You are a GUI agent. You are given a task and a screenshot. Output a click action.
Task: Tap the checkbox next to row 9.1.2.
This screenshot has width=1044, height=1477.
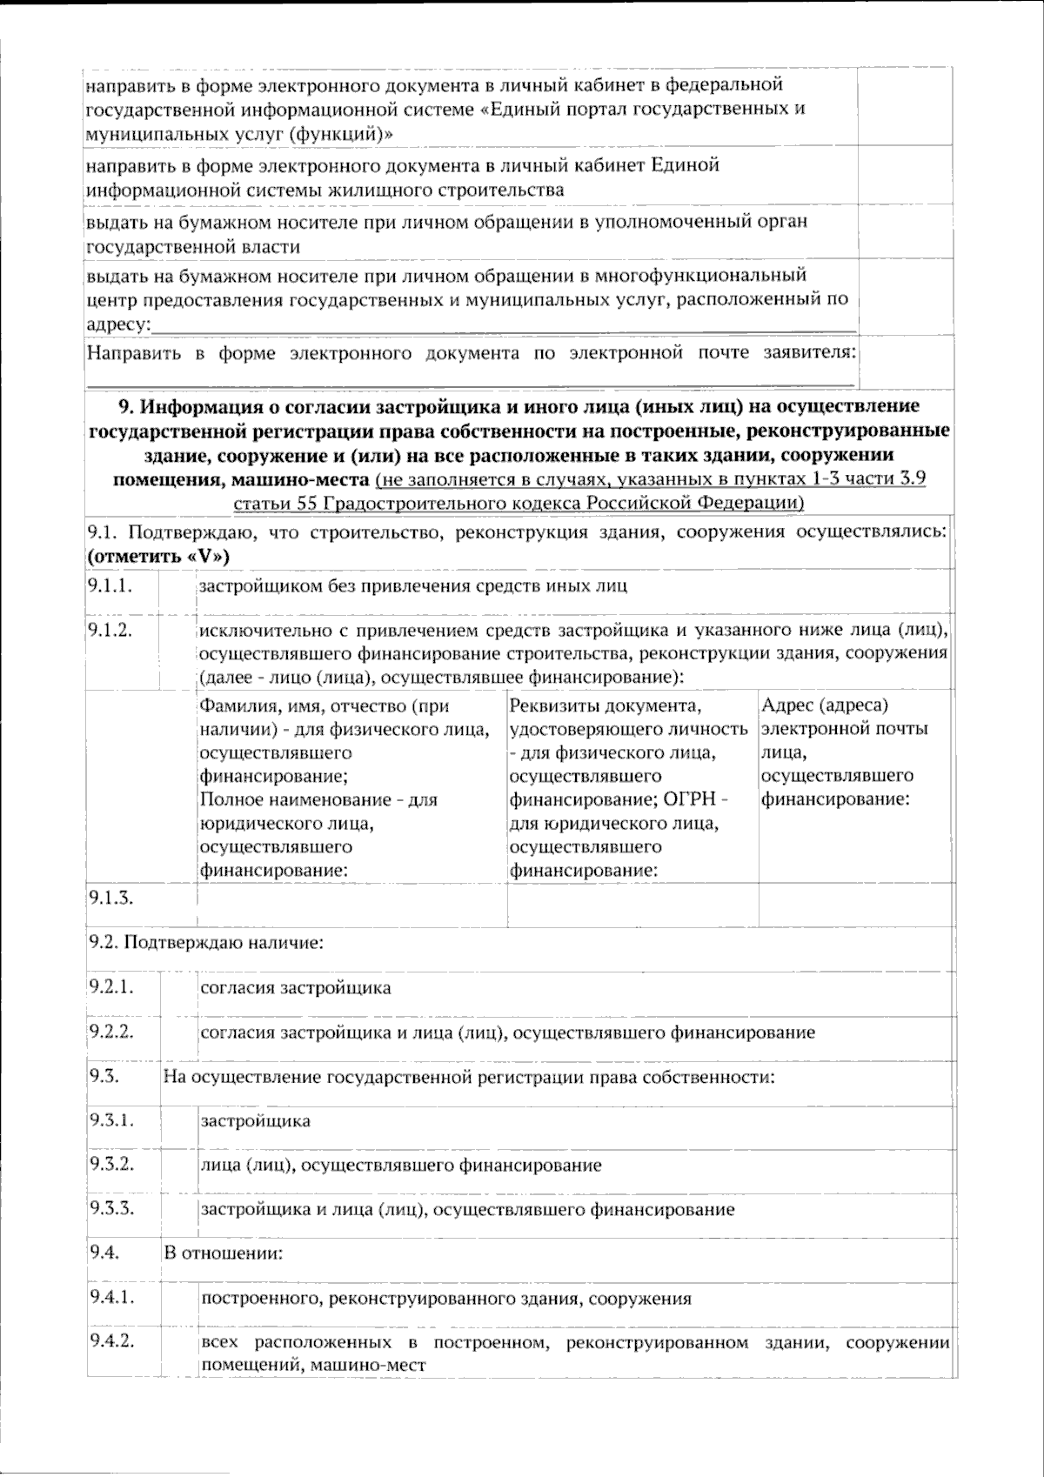(x=177, y=652)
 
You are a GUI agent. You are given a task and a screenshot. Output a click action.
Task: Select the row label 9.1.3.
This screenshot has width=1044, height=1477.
(x=110, y=898)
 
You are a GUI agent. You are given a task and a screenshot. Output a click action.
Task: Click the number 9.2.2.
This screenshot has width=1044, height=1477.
(x=110, y=1032)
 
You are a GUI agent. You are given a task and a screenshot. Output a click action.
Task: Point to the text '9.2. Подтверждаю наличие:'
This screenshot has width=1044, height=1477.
(x=206, y=942)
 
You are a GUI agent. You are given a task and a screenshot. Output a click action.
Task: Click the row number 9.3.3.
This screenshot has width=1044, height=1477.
(x=110, y=1208)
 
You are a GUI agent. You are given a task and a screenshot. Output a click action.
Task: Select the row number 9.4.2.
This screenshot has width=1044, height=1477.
(x=111, y=1340)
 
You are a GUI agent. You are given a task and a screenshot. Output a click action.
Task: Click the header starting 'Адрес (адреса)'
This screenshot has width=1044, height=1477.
(x=825, y=705)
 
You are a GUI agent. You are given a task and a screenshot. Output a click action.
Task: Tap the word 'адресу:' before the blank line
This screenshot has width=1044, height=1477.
(x=117, y=324)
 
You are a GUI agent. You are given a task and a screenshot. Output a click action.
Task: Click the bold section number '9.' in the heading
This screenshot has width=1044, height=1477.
(x=124, y=406)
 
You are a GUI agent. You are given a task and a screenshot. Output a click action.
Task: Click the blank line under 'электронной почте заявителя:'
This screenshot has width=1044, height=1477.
(x=470, y=380)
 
